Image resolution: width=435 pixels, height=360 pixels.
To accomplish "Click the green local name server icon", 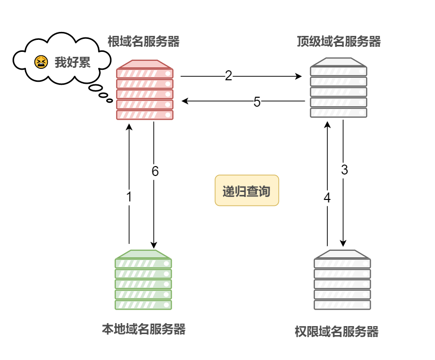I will coord(143,280).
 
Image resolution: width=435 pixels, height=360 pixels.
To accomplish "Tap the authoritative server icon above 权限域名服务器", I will coord(342,280).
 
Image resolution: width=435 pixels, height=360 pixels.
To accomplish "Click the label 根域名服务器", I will coord(144,42).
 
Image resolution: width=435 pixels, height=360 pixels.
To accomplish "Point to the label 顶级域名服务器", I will coord(339,42).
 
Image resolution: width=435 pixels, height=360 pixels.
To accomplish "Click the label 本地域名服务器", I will coord(144,330).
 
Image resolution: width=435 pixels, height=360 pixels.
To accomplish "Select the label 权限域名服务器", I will coord(337,332).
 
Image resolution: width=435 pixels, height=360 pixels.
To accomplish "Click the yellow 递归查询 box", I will coord(247,190).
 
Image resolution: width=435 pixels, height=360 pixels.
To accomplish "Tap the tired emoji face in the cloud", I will coord(40,62).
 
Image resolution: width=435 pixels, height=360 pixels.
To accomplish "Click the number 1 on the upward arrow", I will coord(129,197).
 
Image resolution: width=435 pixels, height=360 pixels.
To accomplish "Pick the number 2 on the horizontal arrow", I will coord(228,76).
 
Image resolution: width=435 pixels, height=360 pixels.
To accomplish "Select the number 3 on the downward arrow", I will coord(344,170).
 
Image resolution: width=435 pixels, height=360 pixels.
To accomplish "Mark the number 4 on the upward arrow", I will coord(327,198).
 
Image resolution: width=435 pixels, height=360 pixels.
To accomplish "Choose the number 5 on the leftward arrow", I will coord(257,102).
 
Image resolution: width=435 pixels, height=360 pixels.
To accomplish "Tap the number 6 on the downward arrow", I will coord(155,172).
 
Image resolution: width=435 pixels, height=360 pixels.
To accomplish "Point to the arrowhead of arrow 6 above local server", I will coord(154,244).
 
